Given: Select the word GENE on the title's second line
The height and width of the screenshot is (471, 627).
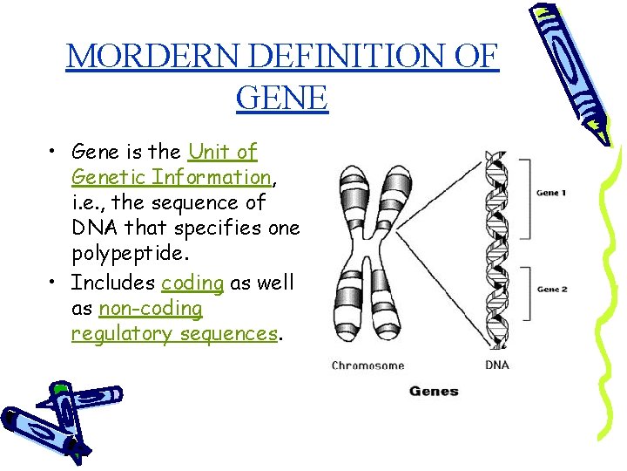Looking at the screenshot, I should click(281, 97).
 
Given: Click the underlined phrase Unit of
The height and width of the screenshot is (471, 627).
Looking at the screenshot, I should click(223, 152).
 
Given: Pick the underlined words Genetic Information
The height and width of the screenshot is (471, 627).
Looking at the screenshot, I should click(172, 177).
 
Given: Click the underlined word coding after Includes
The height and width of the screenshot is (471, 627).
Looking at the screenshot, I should click(192, 283).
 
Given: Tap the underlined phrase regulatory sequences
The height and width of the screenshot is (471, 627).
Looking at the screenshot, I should click(174, 334).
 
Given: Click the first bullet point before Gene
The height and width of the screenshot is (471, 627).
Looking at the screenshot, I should click(54, 152).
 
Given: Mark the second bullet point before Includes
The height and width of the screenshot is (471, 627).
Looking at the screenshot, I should click(54, 283).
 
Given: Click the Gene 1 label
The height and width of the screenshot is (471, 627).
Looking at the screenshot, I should click(551, 193).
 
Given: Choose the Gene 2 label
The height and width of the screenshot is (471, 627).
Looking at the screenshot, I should click(551, 289).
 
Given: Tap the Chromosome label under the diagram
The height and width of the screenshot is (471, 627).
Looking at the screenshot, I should click(367, 365).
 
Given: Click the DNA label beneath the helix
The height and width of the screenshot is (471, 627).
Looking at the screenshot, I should click(497, 365).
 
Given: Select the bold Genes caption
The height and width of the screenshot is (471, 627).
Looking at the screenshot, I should click(434, 392).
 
